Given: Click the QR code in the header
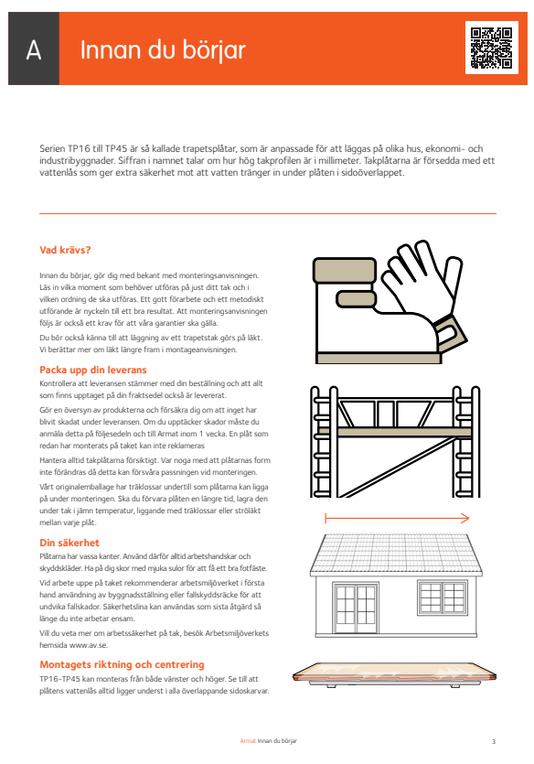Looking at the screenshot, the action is [491, 48].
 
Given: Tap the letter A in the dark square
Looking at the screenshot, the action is [34, 49].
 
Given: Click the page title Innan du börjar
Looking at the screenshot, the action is [163, 50].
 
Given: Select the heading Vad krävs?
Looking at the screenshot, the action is [65, 250].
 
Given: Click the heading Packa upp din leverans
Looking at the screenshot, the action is [93, 370].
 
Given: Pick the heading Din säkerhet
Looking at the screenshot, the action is [69, 543].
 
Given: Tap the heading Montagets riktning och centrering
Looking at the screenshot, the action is [122, 664].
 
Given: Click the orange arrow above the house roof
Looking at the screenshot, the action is [397, 518].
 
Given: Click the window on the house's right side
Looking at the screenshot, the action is [442, 597].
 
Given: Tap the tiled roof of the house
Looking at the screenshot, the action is [396, 553].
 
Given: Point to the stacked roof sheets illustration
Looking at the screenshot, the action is [394, 675].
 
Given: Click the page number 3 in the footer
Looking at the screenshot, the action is [494, 742].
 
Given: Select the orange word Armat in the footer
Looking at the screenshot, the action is [248, 741].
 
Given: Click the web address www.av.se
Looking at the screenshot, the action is [88, 645].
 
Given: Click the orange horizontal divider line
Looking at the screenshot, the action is [268, 213].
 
